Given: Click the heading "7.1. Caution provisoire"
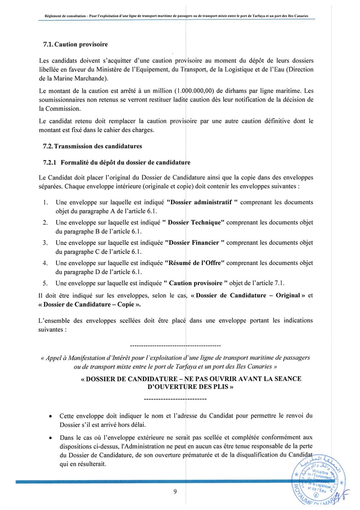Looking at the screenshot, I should click(75, 44).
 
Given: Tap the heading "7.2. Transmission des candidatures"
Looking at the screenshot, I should click(92, 146).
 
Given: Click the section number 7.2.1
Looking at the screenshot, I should click(50, 162).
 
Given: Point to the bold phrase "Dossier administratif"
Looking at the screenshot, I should click(201, 202).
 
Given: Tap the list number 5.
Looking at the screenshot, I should click(45, 283).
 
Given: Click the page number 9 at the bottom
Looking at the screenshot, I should click(175, 491).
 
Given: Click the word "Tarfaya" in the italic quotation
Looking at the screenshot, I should click(186, 366).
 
